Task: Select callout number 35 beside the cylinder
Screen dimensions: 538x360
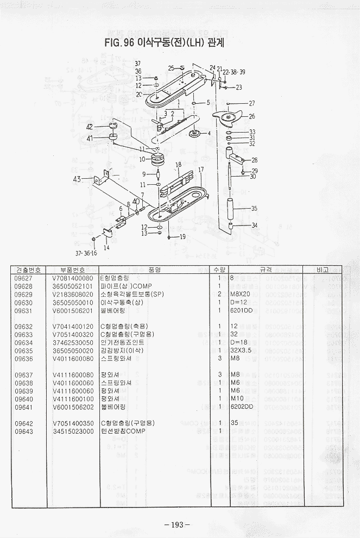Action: [254, 208]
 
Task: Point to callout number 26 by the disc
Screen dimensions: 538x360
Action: [251, 116]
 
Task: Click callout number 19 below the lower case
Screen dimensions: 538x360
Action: [182, 236]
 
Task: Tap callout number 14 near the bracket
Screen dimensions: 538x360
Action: [106, 247]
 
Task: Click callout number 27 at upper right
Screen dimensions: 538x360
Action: [251, 103]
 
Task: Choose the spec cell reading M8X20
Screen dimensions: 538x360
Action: [239, 294]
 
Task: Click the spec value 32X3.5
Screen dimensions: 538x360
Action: [242, 351]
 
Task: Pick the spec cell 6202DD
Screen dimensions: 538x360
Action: [242, 406]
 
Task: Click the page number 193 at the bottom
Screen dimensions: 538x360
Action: [177, 524]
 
